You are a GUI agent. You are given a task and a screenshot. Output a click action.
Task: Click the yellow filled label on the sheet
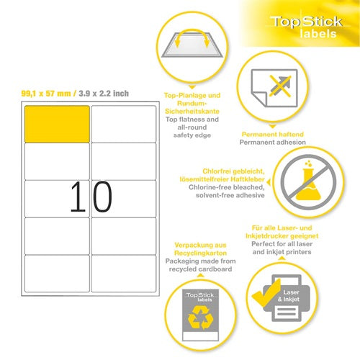pos(57,124)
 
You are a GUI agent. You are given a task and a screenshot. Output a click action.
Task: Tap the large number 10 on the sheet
pos(91,197)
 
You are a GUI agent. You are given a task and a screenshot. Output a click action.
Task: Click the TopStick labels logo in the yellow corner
pos(307,27)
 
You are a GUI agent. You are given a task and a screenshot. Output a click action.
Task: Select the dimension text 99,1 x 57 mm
pos(46,94)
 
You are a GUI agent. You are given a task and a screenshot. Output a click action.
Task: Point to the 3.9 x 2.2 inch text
pos(104,94)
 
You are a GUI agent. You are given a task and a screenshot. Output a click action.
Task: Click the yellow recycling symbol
pos(200,318)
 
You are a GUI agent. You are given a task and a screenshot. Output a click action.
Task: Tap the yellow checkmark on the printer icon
pos(266,293)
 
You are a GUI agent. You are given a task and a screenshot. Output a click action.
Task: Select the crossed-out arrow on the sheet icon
pos(280,86)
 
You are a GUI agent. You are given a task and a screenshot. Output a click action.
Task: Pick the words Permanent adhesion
pos(273,143)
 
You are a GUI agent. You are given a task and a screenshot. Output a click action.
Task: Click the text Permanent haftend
pos(273,134)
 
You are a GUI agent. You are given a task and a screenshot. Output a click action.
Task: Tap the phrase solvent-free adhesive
pos(230,195)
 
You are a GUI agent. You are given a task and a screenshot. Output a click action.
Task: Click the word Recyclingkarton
pos(200,253)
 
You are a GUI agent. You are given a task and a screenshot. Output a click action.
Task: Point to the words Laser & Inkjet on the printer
pos(289,296)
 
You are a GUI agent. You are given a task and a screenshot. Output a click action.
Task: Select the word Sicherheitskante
pos(192,112)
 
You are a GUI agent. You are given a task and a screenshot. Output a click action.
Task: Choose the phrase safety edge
pos(192,135)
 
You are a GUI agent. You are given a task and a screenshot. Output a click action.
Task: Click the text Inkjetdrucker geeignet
pos(282,236)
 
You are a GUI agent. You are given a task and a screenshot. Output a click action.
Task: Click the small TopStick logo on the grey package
pos(200,297)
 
